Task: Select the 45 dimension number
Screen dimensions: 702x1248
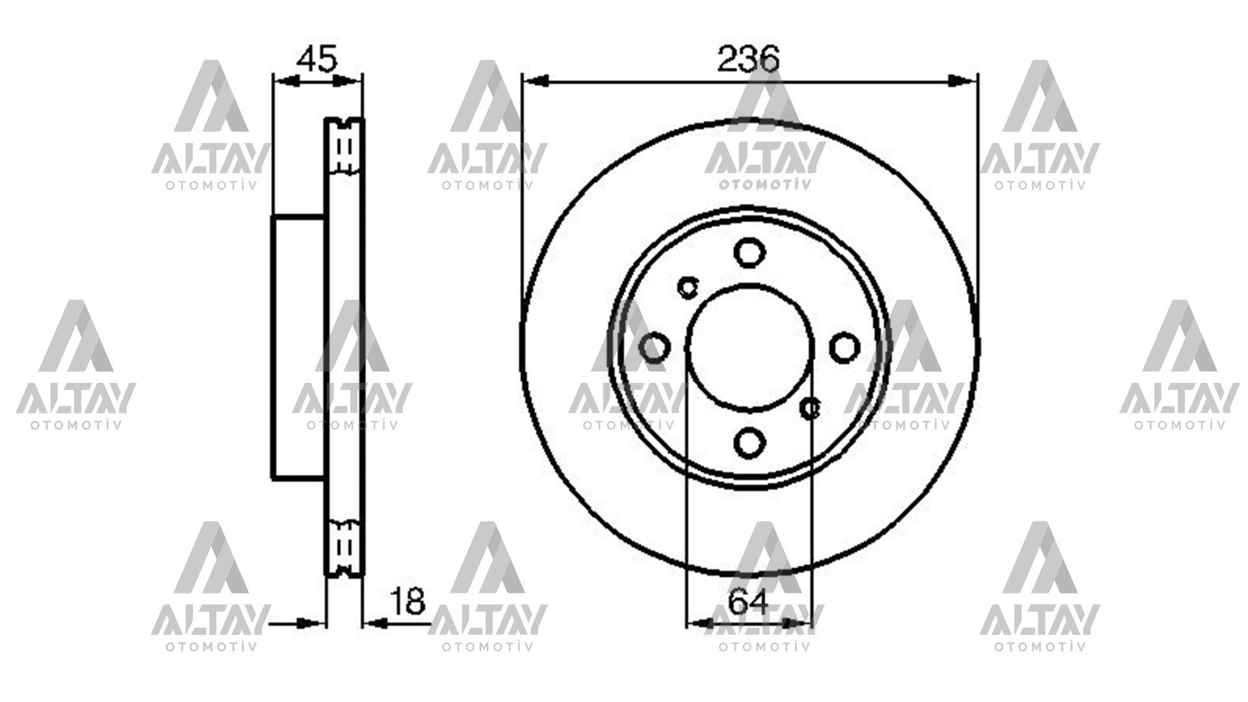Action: (317, 59)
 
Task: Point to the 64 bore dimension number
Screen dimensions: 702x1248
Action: (747, 601)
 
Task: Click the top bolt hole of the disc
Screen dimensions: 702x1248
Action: (749, 252)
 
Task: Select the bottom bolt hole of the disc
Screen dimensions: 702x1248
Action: (749, 442)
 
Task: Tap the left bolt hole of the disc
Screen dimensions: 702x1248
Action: (654, 348)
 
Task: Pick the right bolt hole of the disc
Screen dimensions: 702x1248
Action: (844, 348)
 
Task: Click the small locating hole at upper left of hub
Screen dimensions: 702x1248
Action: (688, 286)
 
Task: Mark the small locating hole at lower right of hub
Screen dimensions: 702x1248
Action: (810, 408)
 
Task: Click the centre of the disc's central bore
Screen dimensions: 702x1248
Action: (749, 348)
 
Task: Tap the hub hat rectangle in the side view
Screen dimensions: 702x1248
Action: (298, 348)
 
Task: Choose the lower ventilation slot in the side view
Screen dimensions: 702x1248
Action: (345, 546)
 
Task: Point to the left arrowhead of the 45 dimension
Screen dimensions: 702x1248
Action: (287, 81)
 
